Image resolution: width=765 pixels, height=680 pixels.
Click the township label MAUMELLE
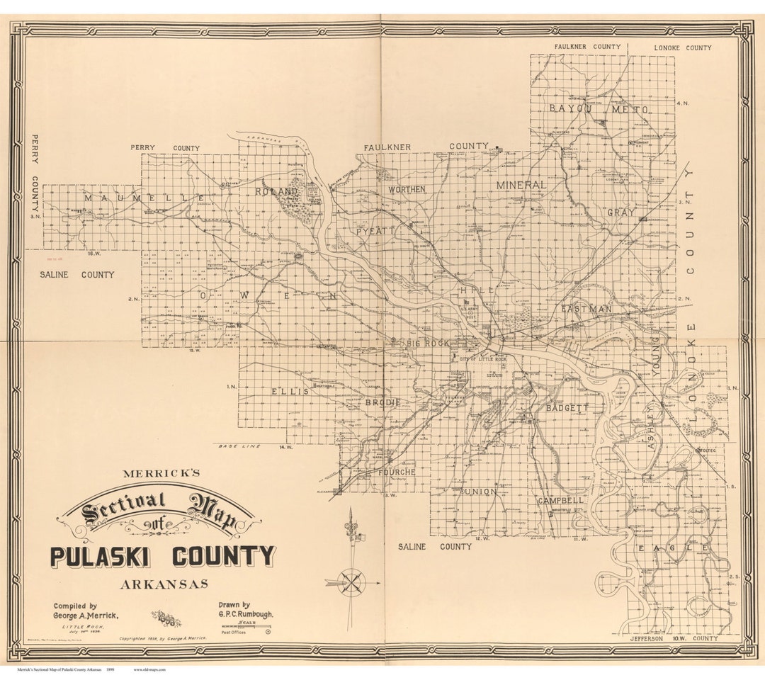pos(144,198)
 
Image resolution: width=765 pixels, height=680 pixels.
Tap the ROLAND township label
pos(277,192)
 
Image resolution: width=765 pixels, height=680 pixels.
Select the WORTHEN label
pos(407,189)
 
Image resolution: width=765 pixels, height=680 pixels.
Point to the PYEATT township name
pos(375,231)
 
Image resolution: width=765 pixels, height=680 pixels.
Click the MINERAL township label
pos(521,185)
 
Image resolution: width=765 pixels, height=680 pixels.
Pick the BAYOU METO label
pos(599,109)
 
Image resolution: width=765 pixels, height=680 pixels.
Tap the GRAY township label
pos(620,212)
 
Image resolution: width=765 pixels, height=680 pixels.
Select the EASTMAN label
pos(586,310)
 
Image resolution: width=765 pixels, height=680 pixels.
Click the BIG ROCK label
pos(428,344)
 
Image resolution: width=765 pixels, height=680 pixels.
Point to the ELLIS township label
pos(290,392)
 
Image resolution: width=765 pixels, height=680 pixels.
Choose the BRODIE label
pos(383,402)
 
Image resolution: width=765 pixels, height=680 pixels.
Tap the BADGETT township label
pos(567,408)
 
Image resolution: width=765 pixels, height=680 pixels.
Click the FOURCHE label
pos(396,472)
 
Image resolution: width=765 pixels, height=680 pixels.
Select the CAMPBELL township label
pos(560,500)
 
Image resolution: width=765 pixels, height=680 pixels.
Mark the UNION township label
pos(478,492)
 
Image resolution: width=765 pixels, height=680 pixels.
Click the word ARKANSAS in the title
pos(164,584)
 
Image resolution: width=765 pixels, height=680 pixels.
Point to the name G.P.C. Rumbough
pos(245,616)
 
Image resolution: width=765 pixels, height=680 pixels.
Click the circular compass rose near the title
pos(353,582)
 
